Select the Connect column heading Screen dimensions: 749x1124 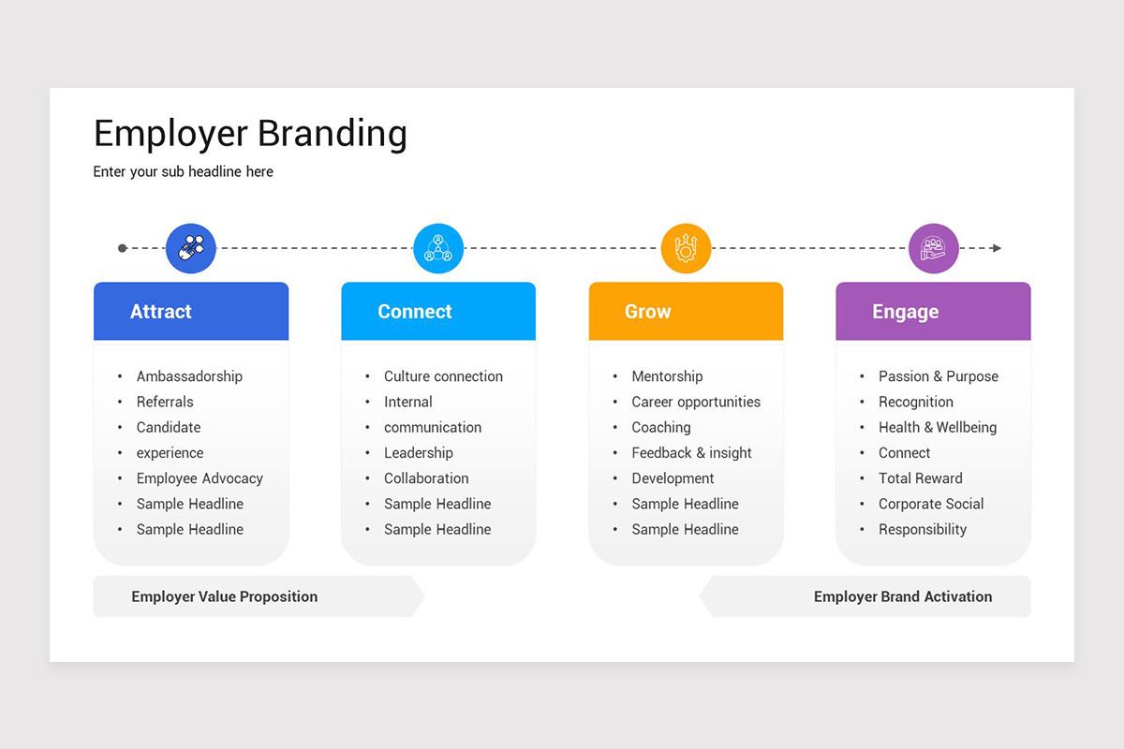click(x=415, y=312)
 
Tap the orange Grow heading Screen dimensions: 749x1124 click(x=648, y=312)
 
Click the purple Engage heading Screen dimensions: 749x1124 click(x=905, y=312)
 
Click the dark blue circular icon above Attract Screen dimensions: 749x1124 click(x=191, y=248)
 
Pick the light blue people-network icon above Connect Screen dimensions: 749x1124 click(x=438, y=248)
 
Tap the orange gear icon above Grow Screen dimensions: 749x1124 click(x=686, y=248)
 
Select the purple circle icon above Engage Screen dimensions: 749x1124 click(x=933, y=248)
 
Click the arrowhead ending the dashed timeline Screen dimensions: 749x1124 click(x=997, y=248)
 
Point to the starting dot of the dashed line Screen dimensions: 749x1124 click(x=123, y=248)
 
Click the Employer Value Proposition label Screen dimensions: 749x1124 click(x=225, y=596)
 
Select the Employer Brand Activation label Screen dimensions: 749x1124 click(x=902, y=596)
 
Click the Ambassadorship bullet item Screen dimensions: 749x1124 click(x=189, y=376)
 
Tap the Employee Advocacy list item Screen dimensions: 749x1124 click(x=200, y=478)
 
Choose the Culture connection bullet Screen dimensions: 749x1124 click(x=443, y=376)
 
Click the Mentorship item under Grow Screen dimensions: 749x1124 click(x=667, y=376)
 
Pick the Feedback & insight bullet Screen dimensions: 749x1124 click(x=691, y=453)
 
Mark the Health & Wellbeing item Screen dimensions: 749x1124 click(x=937, y=427)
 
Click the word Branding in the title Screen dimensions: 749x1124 click(x=333, y=133)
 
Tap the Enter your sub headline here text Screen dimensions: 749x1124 click(x=184, y=171)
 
